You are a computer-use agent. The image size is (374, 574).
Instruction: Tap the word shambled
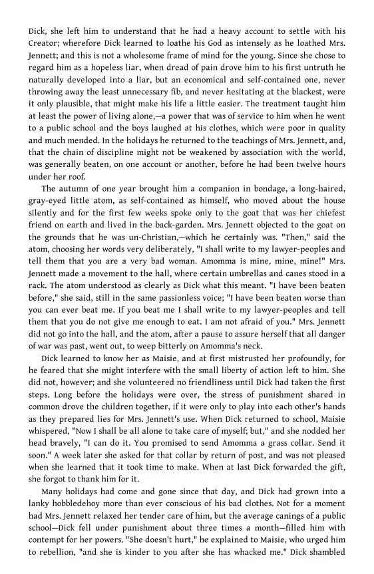pyautogui.click(x=344, y=553)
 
